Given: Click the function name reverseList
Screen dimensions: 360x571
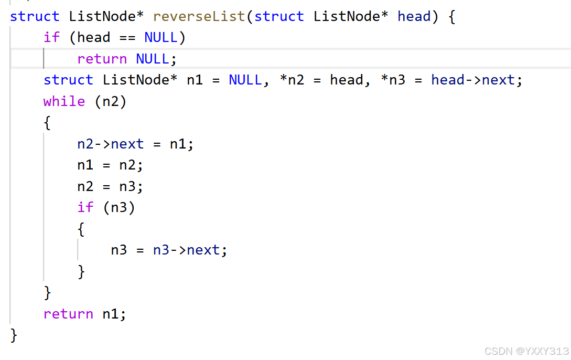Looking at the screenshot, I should point(199,16).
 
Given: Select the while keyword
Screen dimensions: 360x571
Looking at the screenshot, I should point(64,101).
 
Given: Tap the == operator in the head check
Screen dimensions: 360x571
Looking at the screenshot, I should point(127,37).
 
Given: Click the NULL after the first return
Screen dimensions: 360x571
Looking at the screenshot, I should point(153,59).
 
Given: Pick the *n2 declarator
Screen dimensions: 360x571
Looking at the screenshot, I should point(292,80).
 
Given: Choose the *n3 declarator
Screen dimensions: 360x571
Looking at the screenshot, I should point(393,80).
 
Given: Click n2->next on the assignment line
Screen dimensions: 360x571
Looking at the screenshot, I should point(110,144).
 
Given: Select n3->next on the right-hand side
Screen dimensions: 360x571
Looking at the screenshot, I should point(186,250).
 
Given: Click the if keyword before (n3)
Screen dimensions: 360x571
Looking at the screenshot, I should point(85,207).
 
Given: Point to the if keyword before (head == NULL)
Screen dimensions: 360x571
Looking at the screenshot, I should point(51,37).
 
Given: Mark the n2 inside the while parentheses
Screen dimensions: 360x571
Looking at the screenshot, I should point(111,101).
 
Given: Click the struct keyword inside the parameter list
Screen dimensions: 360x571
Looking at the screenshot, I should point(279,16).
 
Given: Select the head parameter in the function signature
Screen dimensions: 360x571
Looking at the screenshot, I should point(414,16).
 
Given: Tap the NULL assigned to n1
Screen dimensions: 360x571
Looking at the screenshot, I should point(245,80).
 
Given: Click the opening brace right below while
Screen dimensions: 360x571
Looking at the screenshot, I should point(47,123).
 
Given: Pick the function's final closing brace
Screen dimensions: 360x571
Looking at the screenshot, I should point(14,335).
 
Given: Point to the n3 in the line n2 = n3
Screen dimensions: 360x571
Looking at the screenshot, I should point(127,186).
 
